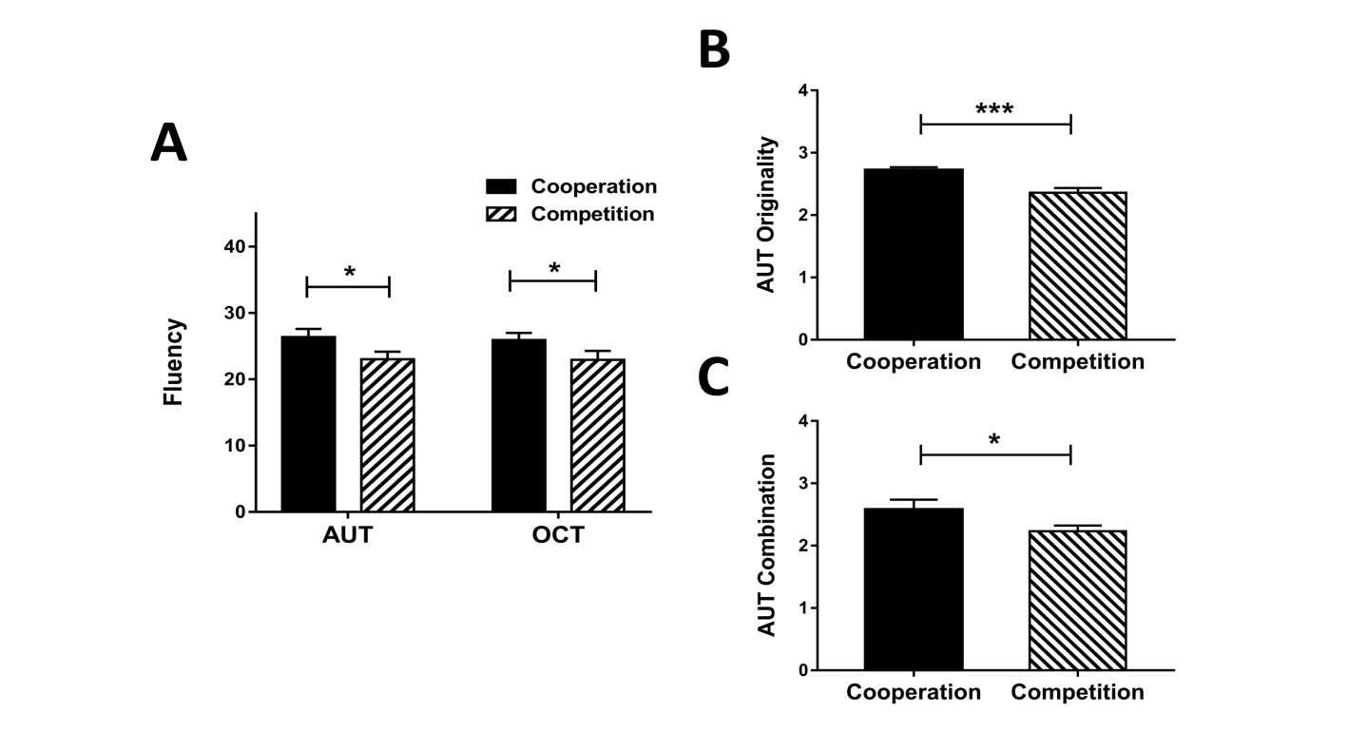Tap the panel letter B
[x=714, y=50]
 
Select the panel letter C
[x=714, y=377]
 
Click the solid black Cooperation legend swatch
[x=501, y=186]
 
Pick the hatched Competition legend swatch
[x=501, y=214]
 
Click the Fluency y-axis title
[x=173, y=362]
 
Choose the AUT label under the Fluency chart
[x=347, y=535]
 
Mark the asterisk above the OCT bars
[x=554, y=269]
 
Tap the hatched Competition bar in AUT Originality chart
[x=1077, y=265]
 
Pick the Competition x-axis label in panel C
[x=1077, y=692]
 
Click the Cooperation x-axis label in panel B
[x=914, y=362]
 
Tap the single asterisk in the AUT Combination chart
[x=994, y=441]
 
